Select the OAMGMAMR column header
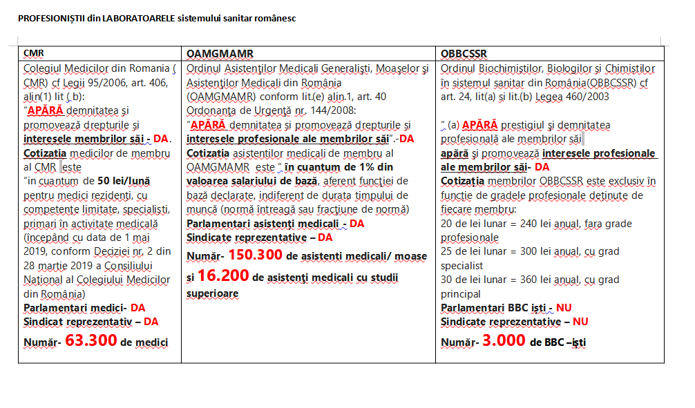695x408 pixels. tap(219, 53)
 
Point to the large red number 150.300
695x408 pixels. tap(256, 255)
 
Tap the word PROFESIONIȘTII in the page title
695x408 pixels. tap(53, 18)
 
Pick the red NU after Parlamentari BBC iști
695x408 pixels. tap(564, 308)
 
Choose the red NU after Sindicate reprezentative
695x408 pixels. tap(580, 321)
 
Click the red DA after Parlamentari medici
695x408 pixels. tap(137, 307)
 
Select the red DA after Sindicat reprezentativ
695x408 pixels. tap(151, 321)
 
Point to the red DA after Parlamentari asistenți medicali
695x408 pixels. tap(356, 224)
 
